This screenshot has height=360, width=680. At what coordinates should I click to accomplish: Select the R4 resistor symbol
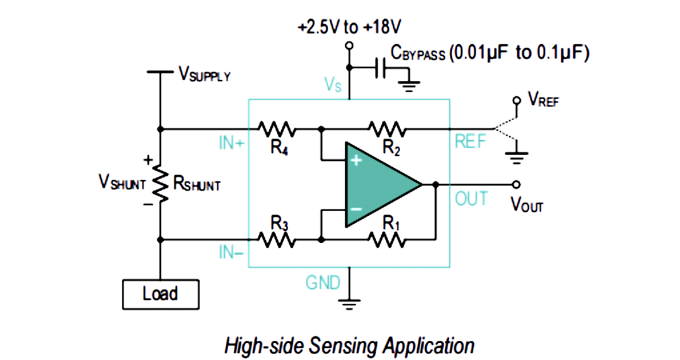pos(276,129)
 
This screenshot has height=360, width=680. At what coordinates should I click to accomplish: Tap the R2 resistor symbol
pos(387,129)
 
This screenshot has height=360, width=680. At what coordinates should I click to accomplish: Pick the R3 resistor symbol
pos(276,239)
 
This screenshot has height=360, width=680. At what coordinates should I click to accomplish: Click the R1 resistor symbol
pos(387,239)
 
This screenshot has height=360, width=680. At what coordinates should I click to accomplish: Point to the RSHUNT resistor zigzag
pos(161,184)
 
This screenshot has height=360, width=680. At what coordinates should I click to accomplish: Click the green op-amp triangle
pos(383,184)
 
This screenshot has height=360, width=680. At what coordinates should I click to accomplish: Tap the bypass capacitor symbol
pos(380,68)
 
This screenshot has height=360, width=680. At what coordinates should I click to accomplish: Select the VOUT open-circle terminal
pos(516,184)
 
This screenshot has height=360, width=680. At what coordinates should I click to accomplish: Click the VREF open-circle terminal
pos(516,101)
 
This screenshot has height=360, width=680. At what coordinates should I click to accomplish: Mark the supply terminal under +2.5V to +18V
pos(349,45)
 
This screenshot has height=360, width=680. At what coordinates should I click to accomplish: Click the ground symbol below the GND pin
pos(349,303)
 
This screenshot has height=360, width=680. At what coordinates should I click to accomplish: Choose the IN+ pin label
pos(232,143)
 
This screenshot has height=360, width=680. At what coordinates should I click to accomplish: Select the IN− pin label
pos(231,252)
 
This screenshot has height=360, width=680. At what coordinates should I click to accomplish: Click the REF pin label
pos(470,142)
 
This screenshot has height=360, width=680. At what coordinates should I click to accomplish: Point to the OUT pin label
pos(472,199)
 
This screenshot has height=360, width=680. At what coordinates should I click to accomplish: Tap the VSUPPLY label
pos(205,75)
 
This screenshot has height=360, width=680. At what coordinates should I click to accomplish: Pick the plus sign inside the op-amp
pos(356,161)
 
